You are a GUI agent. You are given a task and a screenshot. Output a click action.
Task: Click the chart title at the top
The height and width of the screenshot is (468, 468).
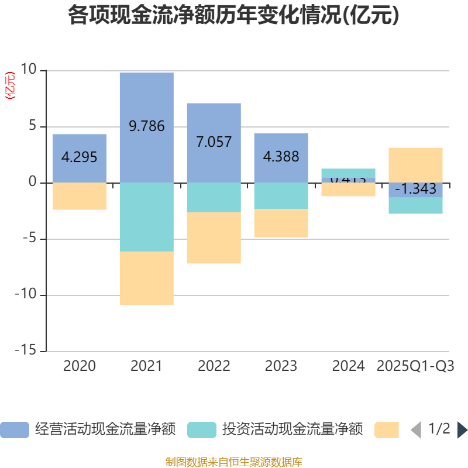click(x=233, y=16)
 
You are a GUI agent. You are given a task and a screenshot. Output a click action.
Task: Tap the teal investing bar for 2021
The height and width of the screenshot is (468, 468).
click(x=146, y=217)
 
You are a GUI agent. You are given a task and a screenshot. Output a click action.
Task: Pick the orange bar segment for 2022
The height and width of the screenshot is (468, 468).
click(x=214, y=238)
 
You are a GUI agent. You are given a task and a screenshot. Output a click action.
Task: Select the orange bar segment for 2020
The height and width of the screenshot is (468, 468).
click(x=80, y=196)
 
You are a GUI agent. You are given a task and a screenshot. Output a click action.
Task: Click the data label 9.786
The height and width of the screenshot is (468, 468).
click(x=146, y=126)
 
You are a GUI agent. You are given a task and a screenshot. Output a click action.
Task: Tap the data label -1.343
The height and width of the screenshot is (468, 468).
click(x=415, y=189)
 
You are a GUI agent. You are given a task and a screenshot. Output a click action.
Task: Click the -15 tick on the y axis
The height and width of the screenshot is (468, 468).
click(x=25, y=351)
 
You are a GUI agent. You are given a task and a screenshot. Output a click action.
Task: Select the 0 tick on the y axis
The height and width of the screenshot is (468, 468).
click(x=33, y=183)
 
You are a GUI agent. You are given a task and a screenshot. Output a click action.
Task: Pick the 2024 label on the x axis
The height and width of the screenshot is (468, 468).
click(x=348, y=366)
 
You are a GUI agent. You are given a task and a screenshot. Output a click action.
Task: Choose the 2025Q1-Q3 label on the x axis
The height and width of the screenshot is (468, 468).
click(x=415, y=366)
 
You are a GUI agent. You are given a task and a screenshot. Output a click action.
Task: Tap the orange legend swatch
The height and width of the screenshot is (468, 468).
click(x=386, y=430)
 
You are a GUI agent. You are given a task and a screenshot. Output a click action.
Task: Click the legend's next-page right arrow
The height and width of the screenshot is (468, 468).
click(x=462, y=430)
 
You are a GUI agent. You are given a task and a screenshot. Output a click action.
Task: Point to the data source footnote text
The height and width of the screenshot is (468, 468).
click(x=233, y=462)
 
